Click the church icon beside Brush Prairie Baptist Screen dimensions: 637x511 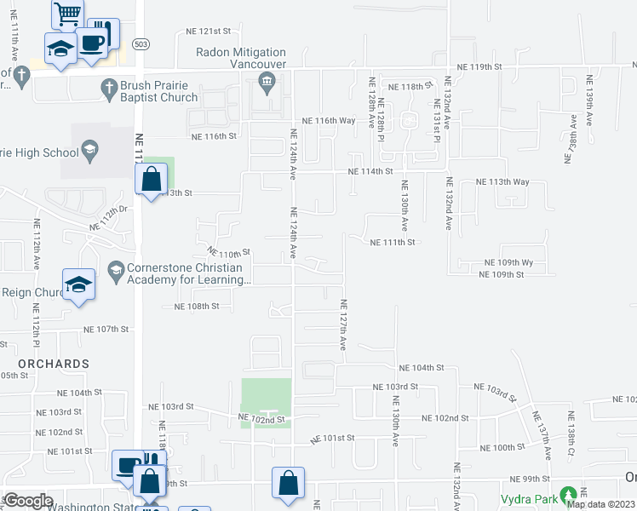[x=108, y=87]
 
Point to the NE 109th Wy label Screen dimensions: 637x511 [x=509, y=262]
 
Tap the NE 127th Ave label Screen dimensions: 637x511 [x=344, y=325]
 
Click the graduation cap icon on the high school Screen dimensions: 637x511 [x=89, y=151]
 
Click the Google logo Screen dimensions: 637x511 [x=28, y=501]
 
